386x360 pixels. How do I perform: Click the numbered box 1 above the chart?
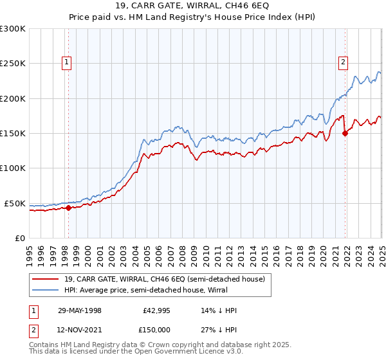tap(68, 62)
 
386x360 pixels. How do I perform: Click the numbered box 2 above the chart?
tap(343, 62)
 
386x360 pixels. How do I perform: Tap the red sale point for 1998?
tap(68, 208)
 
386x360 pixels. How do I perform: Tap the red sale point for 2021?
tap(345, 134)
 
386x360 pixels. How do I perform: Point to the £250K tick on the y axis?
tap(13, 64)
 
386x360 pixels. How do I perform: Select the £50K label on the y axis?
tap(15, 203)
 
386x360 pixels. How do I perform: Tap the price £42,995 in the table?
tap(157, 310)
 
